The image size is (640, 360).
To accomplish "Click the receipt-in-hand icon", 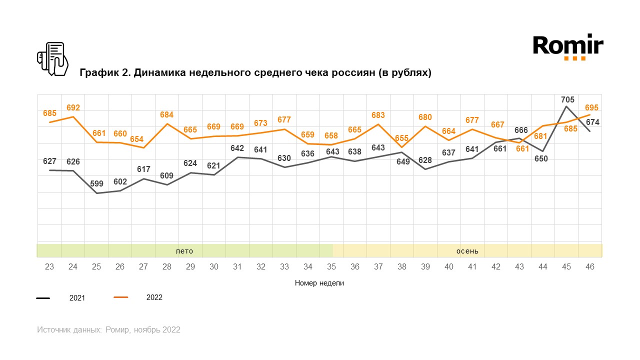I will click(x=53, y=59).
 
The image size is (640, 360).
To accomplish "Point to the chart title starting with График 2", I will click(x=255, y=73).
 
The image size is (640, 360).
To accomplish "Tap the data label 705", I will click(x=567, y=99).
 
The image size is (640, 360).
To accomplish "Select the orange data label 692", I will click(x=73, y=107).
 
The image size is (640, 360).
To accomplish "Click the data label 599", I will click(x=97, y=183).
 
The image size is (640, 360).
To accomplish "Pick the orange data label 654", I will click(x=143, y=139).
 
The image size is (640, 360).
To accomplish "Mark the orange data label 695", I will click(x=591, y=108).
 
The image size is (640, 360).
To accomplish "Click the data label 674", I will click(x=592, y=122).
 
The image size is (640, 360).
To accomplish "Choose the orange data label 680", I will click(x=425, y=117).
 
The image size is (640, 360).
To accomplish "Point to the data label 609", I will click(x=167, y=175).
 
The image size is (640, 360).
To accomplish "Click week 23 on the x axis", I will click(x=49, y=267).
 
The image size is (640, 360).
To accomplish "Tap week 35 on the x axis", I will click(x=331, y=267).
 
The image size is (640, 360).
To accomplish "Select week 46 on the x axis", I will click(x=590, y=267).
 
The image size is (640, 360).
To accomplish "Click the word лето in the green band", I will click(x=184, y=250).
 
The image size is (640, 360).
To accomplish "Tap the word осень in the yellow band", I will click(x=467, y=250).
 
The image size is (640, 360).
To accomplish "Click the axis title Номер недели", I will click(x=319, y=283).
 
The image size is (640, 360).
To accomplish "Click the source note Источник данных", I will click(x=108, y=330).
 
